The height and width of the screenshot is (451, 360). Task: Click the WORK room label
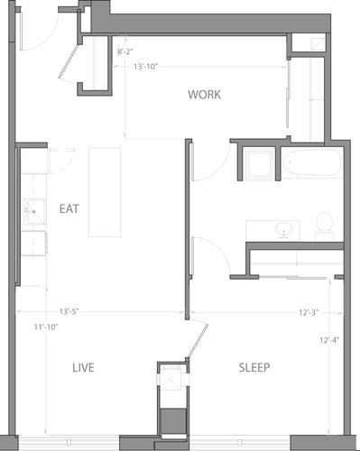click(x=205, y=95)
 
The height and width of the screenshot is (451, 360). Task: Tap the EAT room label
click(x=69, y=208)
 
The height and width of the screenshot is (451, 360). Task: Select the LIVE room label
click(x=84, y=367)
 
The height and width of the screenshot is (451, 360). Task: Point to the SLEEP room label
click(x=254, y=367)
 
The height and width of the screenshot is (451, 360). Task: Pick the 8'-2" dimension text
click(x=127, y=52)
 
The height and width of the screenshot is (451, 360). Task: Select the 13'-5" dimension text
click(x=69, y=312)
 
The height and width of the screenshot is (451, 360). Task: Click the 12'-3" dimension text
click(x=310, y=312)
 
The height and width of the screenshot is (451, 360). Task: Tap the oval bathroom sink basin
click(x=286, y=229)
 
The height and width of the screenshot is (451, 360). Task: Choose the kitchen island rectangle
click(x=105, y=192)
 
